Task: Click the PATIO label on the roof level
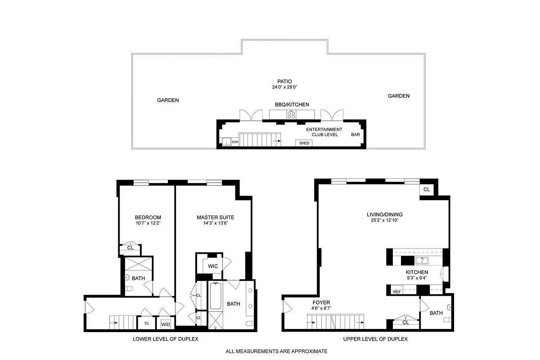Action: (284, 81)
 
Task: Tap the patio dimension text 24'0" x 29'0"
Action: (284, 87)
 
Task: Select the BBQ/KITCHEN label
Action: (292, 104)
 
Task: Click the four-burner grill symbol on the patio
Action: (291, 115)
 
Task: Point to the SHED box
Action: (304, 143)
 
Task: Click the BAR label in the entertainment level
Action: (355, 135)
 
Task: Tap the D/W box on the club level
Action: (235, 142)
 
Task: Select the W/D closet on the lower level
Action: (166, 323)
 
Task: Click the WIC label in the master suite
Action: (213, 266)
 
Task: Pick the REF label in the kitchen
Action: (397, 292)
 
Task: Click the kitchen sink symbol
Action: (422, 261)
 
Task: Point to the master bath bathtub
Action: (216, 296)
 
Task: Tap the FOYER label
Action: (321, 302)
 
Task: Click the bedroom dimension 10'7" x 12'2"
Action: (148, 223)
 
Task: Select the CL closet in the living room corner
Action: (427, 189)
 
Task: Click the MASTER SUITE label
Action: (215, 217)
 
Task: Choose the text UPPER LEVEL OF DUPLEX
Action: (375, 339)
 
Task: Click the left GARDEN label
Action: (168, 100)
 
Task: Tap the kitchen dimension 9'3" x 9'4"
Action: (417, 278)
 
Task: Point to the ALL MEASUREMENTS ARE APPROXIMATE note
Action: (276, 351)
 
